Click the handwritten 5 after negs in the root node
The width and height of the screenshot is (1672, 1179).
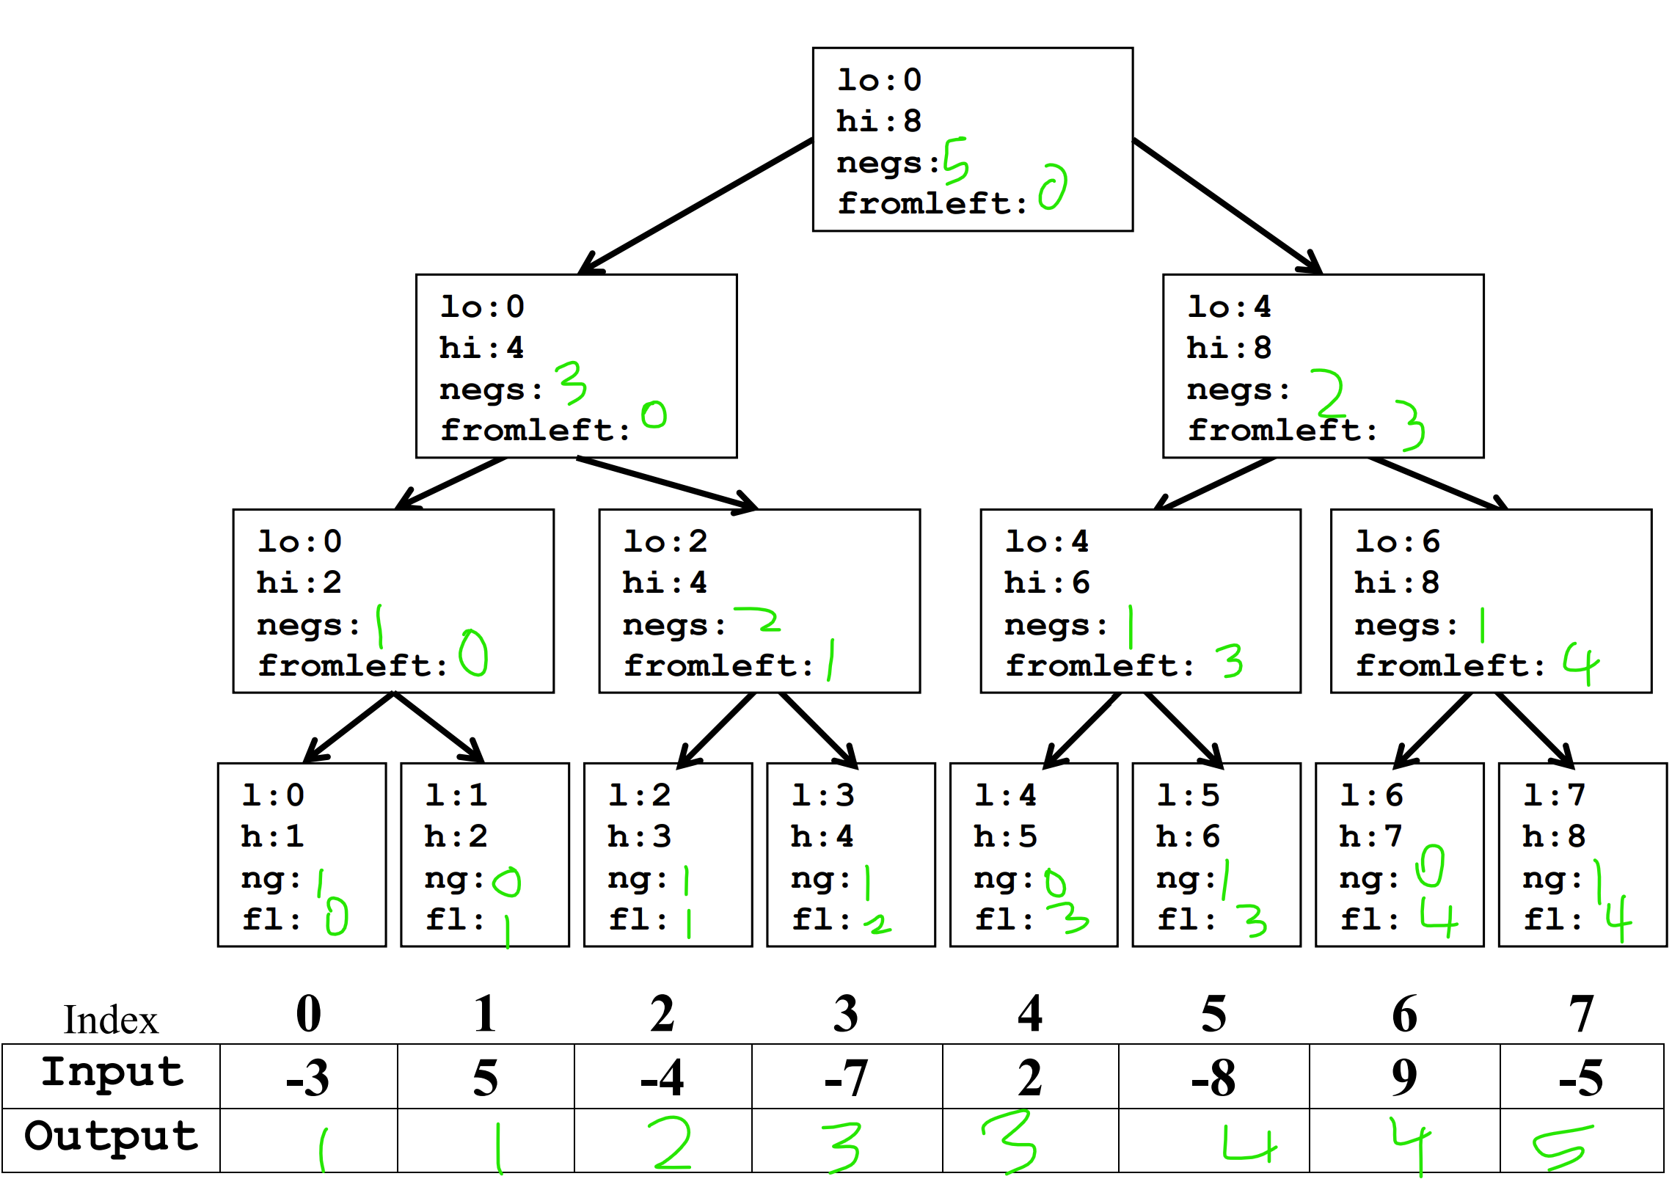tap(956, 161)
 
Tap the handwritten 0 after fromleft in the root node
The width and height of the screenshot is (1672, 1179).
tap(1054, 187)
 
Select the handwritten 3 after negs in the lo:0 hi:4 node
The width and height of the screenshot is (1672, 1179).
tap(571, 382)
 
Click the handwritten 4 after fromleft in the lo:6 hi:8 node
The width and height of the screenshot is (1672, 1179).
tap(1581, 664)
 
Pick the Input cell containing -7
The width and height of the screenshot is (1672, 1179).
tap(847, 1076)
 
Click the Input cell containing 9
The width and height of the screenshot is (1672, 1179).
tap(1404, 1076)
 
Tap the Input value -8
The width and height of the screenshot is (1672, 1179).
tap(1213, 1078)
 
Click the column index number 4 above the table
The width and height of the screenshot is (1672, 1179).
tap(1030, 1014)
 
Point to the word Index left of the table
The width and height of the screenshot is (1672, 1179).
tap(111, 1020)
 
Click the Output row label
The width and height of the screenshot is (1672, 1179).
tap(112, 1136)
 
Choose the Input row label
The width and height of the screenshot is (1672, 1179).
tap(112, 1072)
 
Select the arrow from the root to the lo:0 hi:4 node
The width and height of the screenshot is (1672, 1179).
tap(696, 206)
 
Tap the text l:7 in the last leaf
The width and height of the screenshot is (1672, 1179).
tap(1555, 795)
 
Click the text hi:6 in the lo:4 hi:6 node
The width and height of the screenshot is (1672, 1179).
tap(1047, 583)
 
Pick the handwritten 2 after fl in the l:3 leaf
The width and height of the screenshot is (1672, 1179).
tap(877, 924)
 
